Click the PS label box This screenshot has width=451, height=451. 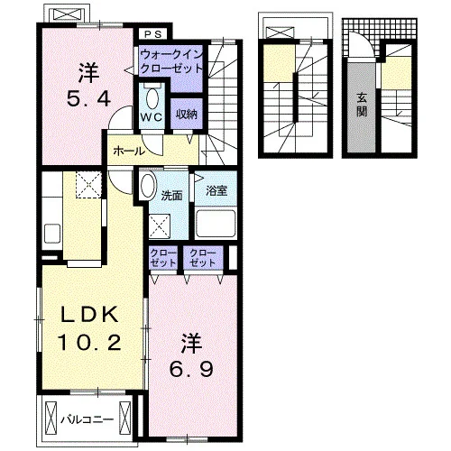click(153, 34)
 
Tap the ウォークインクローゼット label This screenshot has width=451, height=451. click(171, 62)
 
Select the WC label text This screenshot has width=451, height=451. click(152, 117)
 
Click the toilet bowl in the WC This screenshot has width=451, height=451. click(152, 98)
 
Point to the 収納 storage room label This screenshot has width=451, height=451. click(187, 114)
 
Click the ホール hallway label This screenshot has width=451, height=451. click(129, 152)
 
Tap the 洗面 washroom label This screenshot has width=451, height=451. click(171, 196)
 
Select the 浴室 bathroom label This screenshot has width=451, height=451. click(216, 191)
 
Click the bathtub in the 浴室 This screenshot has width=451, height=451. click(216, 224)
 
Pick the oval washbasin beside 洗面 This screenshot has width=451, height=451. click(148, 186)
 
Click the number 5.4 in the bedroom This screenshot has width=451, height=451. click(88, 99)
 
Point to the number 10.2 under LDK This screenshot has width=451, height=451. click(89, 343)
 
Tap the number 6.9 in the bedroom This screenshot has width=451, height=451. click(191, 369)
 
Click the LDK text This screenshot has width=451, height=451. click(89, 315)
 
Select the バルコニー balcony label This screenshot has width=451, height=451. click(87, 419)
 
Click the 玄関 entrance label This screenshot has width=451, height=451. click(362, 105)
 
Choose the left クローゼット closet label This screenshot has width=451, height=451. click(163, 258)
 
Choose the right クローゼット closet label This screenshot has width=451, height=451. click(203, 258)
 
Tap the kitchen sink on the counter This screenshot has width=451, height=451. click(52, 233)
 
